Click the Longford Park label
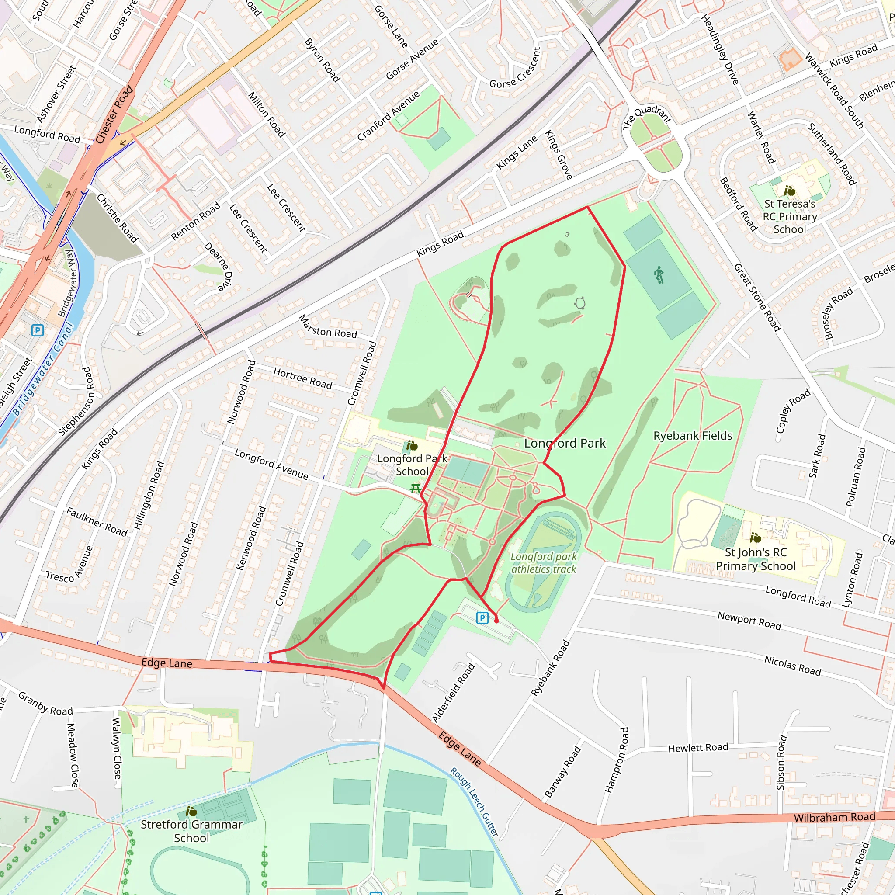tap(565, 443)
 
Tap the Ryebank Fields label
tap(693, 435)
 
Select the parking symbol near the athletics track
tap(482, 617)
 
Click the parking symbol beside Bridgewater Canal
tap(38, 330)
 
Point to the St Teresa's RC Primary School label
tap(790, 216)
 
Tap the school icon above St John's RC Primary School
tap(755, 538)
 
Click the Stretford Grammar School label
tap(191, 831)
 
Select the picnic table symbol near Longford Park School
tap(416, 488)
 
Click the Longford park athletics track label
tap(543, 563)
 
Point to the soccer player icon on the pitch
tap(659, 275)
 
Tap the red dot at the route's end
tap(496, 621)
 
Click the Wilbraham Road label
tap(834, 817)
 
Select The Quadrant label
tap(647, 118)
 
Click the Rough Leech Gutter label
tap(474, 801)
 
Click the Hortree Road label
tap(302, 378)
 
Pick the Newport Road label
tap(749, 621)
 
